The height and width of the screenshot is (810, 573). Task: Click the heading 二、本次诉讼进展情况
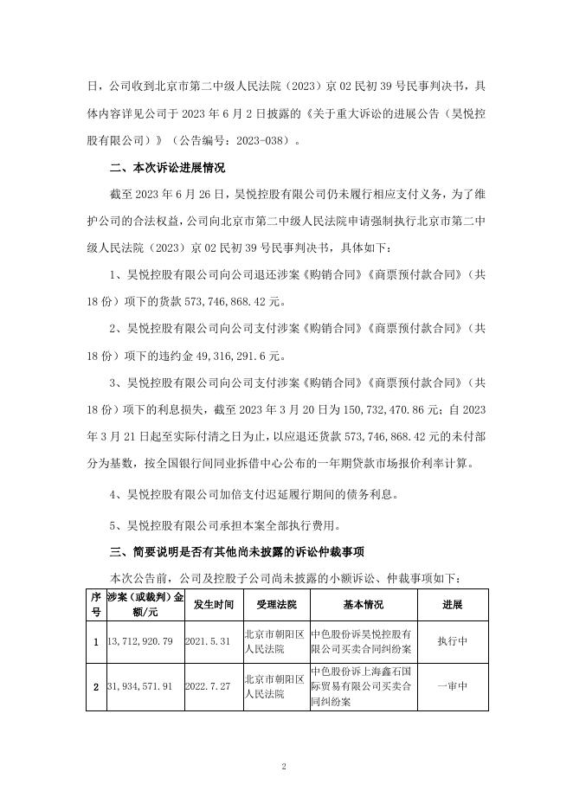[167, 168]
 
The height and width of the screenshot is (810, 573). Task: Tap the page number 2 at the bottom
[284, 767]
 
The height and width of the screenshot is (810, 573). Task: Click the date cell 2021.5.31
[209, 641]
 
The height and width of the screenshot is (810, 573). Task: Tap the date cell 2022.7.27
[209, 686]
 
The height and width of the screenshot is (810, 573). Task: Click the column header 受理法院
[274, 604]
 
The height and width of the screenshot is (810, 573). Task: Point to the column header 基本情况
[363, 604]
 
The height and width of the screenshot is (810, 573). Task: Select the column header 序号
[95, 604]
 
